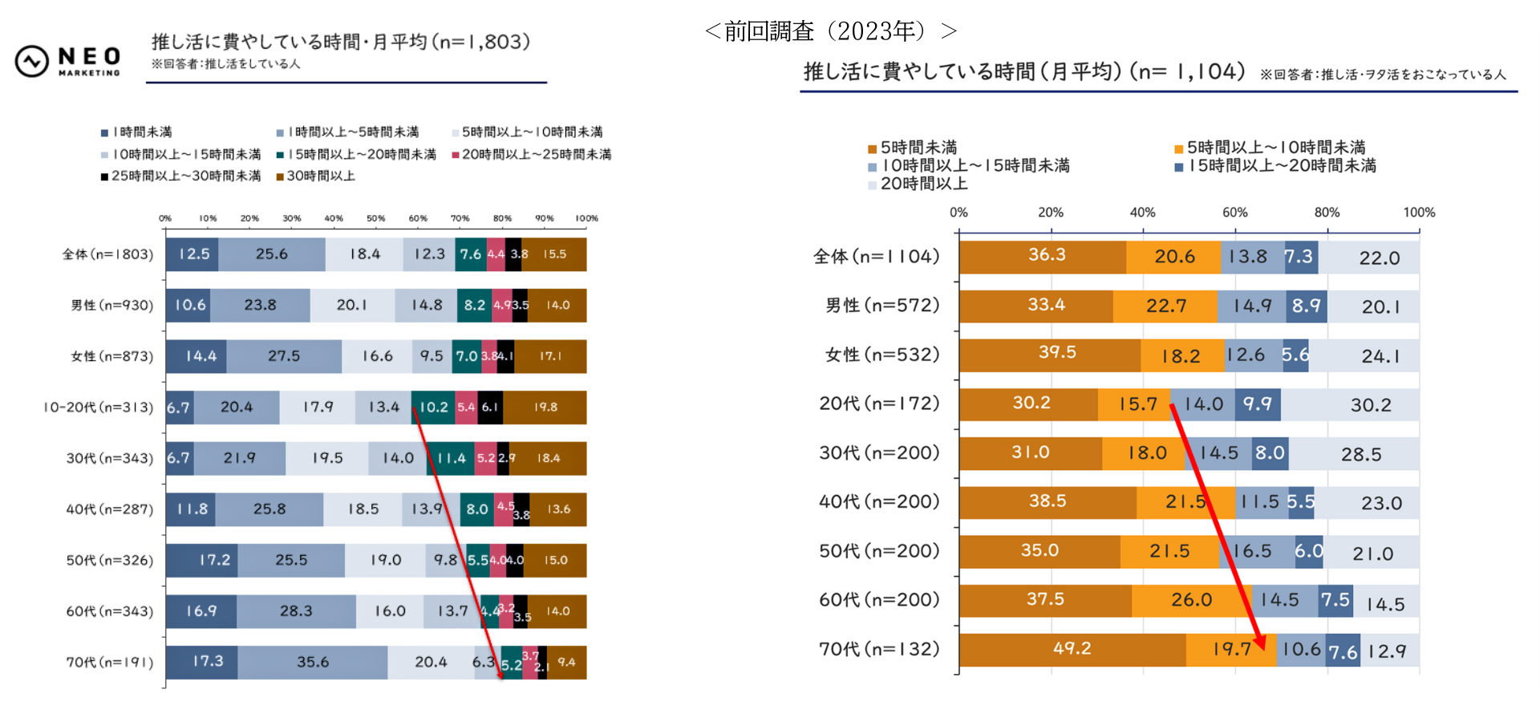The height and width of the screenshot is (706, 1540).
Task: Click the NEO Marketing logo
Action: pos(68,61)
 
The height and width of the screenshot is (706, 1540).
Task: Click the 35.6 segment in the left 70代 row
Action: pos(313,662)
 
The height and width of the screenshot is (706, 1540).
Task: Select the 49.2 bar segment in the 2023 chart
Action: pos(1072,649)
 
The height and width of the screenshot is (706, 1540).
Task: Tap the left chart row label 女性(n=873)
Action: pos(111,356)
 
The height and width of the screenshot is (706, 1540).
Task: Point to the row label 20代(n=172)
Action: pos(879,404)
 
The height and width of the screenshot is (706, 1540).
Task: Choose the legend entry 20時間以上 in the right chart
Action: pos(923,184)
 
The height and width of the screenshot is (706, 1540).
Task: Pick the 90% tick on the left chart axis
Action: pos(545,218)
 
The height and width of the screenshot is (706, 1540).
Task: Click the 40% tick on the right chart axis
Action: pos(1142,213)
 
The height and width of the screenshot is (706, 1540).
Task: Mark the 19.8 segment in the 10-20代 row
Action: pos(545,408)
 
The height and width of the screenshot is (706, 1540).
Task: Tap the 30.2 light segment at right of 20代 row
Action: pos(1370,405)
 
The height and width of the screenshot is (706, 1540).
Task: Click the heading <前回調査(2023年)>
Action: pos(830,31)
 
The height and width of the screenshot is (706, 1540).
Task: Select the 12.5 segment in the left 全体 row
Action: pos(193,254)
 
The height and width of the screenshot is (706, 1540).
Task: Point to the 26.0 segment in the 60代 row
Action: pos(1191,600)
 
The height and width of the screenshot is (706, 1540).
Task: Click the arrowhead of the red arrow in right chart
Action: pos(1260,641)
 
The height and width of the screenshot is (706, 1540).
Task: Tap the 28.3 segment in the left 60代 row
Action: pos(296,611)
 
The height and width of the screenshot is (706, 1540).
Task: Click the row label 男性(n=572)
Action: pos(882,306)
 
